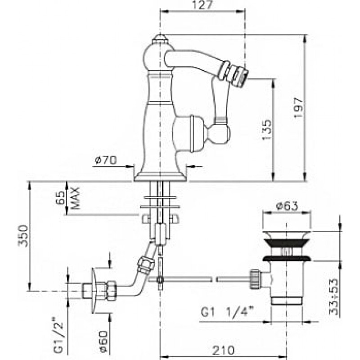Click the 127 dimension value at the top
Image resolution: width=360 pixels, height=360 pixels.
click(202, 5)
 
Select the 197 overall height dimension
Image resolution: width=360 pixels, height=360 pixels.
click(299, 108)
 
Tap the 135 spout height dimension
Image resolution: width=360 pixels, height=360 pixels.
click(267, 129)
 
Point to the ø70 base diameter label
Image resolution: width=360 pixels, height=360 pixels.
click(106, 160)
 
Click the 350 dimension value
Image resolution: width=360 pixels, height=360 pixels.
click(23, 235)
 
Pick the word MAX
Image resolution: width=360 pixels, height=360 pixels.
click(75, 198)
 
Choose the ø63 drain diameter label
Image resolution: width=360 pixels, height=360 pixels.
click(287, 206)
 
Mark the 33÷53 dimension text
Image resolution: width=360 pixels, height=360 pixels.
click(334, 297)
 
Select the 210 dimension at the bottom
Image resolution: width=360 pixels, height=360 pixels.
click(223, 351)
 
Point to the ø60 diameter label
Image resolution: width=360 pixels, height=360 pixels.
click(103, 341)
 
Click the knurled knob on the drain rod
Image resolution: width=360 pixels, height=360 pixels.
click(255, 279)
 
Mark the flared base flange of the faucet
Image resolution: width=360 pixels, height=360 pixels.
click(160, 177)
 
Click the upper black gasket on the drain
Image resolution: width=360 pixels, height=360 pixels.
click(287, 243)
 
